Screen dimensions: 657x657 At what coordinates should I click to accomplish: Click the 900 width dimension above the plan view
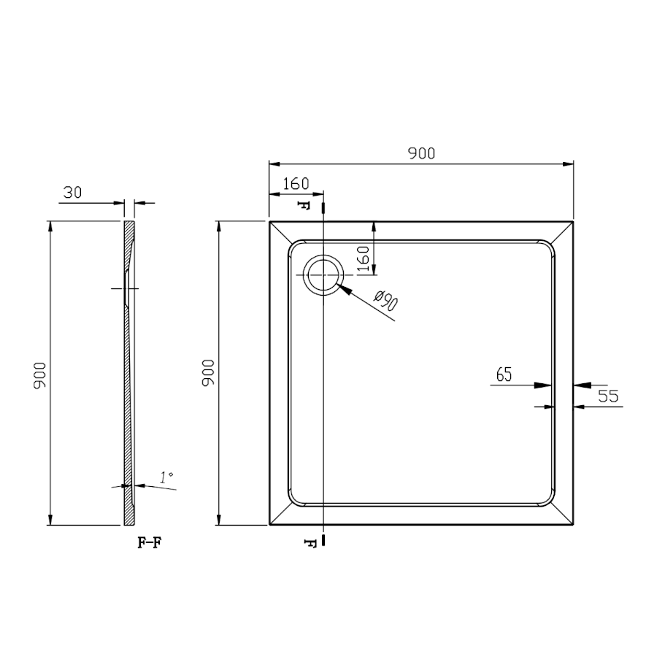421,154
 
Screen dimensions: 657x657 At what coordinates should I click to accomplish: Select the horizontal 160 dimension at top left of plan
296,184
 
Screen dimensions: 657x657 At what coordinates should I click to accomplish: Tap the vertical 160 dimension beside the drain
364,259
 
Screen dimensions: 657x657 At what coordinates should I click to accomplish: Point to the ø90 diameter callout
386,301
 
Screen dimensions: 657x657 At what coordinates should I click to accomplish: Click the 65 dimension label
504,374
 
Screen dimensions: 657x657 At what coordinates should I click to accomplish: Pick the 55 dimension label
608,396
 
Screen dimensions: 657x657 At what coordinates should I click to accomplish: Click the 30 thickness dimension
72,192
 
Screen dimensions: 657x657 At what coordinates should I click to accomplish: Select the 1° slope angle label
166,477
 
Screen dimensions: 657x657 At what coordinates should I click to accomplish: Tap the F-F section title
150,543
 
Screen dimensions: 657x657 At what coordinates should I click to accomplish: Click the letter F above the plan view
304,205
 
